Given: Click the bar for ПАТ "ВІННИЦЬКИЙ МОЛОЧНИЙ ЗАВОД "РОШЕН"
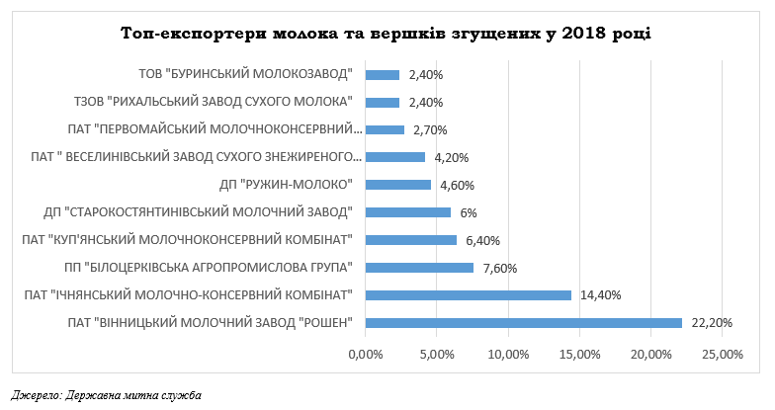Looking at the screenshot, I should [524, 322].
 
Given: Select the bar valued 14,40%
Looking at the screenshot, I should [469, 294].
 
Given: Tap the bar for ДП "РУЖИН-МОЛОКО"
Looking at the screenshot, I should [398, 184].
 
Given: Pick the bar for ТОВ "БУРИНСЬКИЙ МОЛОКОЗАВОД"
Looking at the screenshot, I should [383, 74].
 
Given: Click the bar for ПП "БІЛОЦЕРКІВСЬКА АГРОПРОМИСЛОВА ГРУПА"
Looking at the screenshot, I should [420, 267].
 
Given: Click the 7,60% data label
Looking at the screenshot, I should [500, 267].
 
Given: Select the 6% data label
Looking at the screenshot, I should [470, 211].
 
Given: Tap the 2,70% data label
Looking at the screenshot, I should [430, 129].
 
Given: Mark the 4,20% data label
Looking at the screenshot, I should [451, 157].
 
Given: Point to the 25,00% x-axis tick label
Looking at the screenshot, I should [723, 354].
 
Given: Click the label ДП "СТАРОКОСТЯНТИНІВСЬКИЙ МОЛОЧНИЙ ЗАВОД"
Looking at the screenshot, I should [199, 211].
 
